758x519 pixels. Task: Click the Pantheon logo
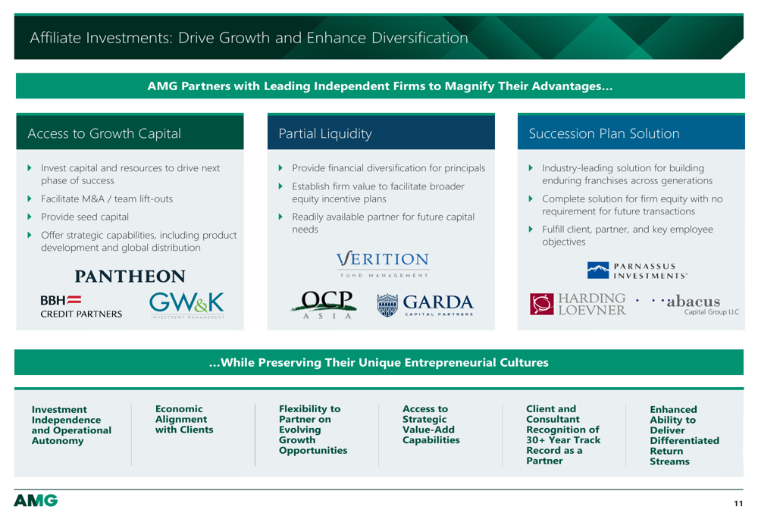click(x=130, y=276)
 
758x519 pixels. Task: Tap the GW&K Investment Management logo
click(x=186, y=305)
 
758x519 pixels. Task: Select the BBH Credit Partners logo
click(x=81, y=307)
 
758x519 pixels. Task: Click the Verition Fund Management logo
click(x=382, y=264)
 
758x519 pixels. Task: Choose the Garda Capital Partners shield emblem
click(x=387, y=305)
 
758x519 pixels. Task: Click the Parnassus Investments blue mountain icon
click(x=598, y=270)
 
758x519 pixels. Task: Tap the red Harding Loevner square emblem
click(x=541, y=304)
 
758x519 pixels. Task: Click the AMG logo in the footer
click(x=36, y=500)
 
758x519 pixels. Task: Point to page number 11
click(x=738, y=504)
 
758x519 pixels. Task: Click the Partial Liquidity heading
click(x=325, y=133)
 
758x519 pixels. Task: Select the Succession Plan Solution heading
click(x=604, y=133)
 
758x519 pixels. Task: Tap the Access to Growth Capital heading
click(x=104, y=133)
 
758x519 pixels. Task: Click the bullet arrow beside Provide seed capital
click(x=30, y=217)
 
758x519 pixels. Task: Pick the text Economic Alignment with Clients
click(x=184, y=419)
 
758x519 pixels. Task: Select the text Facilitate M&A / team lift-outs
click(x=107, y=199)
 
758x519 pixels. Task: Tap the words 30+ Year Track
click(x=563, y=439)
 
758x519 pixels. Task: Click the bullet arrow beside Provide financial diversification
click(x=280, y=167)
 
